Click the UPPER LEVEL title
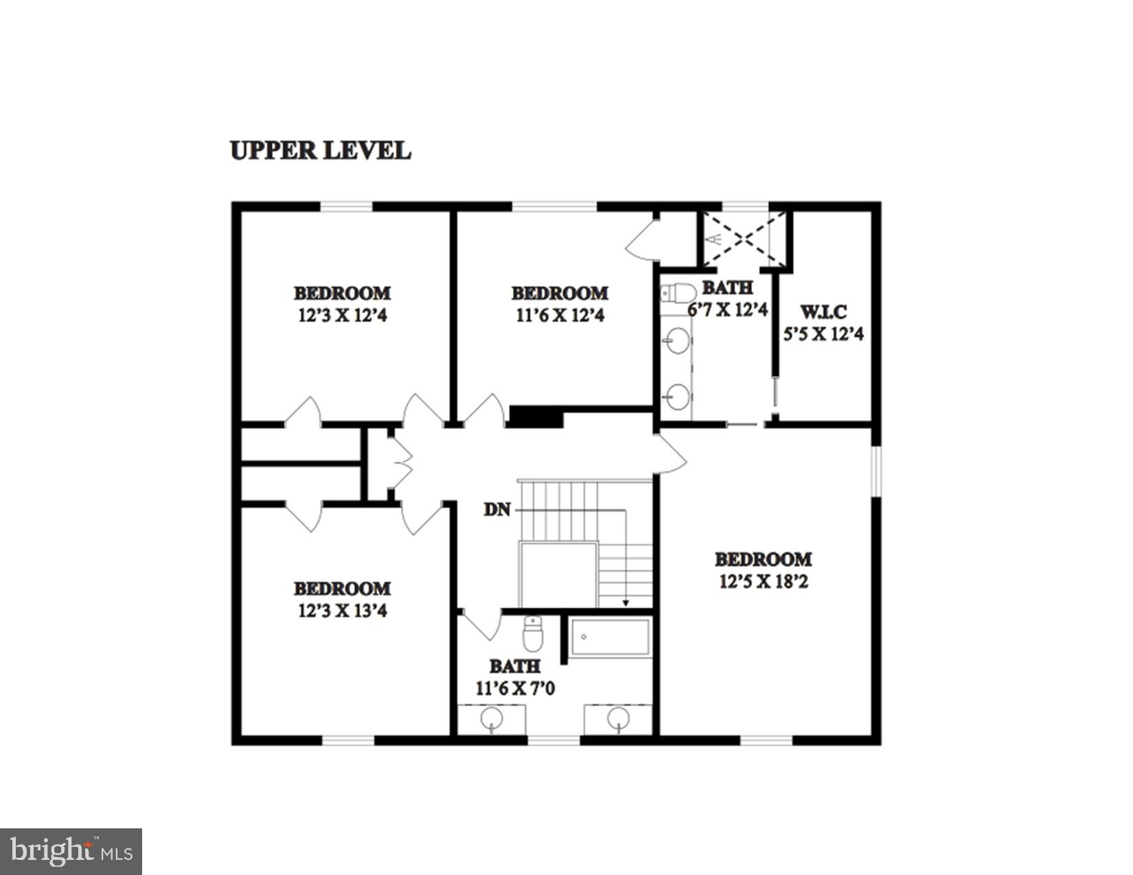click(320, 150)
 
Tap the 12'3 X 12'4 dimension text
click(342, 316)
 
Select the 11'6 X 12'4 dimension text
click(560, 316)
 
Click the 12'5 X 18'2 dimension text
click(764, 582)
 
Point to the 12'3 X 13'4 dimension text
click(342, 611)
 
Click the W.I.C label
click(823, 312)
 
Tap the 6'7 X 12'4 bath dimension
click(727, 310)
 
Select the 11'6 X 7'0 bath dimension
click(515, 688)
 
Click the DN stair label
click(497, 510)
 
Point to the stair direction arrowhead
click(626, 604)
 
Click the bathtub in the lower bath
click(610, 638)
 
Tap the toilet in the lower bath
click(533, 634)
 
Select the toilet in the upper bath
click(678, 294)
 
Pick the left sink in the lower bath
click(491, 719)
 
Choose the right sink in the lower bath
click(618, 719)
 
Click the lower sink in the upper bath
click(678, 396)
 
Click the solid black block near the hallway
click(536, 417)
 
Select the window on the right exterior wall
click(875, 470)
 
